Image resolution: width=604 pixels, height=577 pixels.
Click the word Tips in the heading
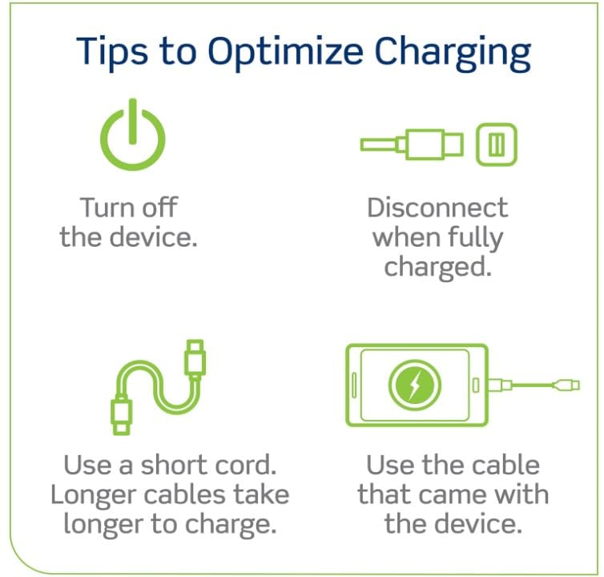111,51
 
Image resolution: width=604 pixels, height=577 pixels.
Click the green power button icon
132,136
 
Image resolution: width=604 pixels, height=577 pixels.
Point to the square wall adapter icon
496,145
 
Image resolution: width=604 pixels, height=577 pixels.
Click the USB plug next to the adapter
433,145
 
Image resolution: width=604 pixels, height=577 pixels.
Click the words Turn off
127,208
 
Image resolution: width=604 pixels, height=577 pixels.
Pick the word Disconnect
437,208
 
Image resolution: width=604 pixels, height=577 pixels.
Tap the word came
457,495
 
